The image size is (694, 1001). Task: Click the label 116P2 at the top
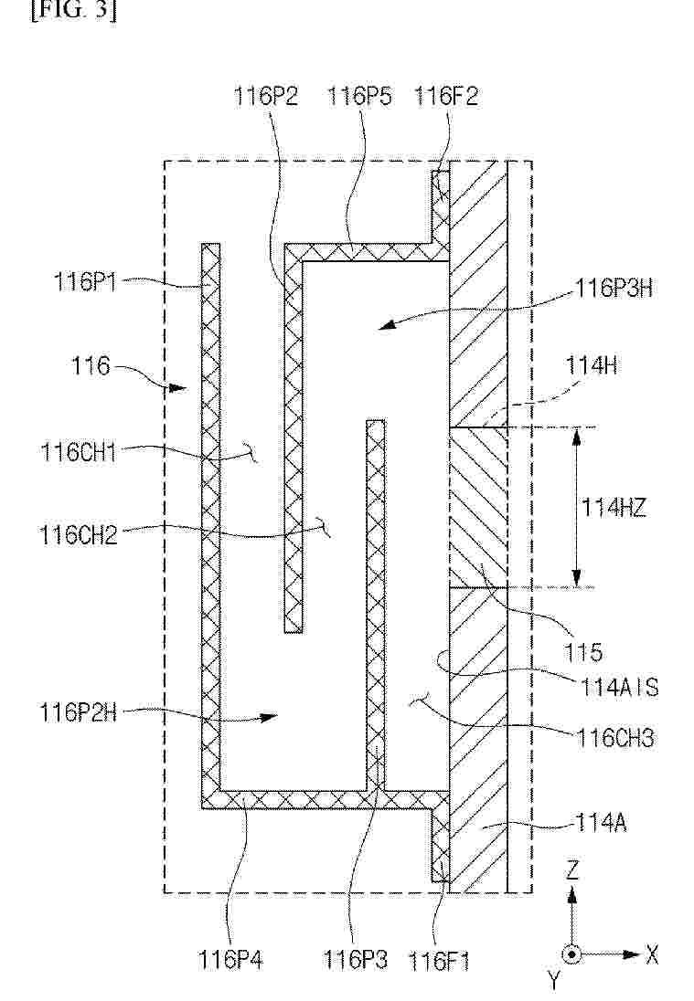point(266,97)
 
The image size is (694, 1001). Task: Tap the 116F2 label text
point(446,97)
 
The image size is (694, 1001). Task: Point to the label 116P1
point(86,281)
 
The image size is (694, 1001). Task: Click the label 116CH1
point(79,452)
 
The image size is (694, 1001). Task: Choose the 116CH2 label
point(79,534)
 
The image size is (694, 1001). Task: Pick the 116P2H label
point(79,711)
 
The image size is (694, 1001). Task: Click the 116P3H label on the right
point(614,288)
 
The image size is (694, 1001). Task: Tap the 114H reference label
point(591,366)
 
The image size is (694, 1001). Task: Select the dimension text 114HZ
point(613,508)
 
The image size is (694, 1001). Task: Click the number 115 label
point(582,652)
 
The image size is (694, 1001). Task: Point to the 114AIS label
point(619,687)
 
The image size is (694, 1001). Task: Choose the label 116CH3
point(615,738)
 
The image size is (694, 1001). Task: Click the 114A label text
point(601,823)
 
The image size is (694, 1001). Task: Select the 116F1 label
point(439,961)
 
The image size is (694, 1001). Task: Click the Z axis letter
point(572,870)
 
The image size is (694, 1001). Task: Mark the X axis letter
point(651,955)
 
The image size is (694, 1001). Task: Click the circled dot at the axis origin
point(571,955)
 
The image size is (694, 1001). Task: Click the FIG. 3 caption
point(73,11)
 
